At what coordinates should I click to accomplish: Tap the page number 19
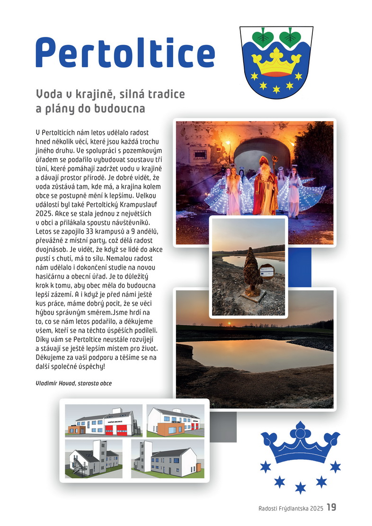(x=331, y=508)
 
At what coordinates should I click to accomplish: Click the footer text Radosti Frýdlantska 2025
(x=291, y=508)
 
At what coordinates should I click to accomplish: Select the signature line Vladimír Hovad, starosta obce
(x=74, y=383)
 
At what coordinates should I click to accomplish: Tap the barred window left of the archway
(x=200, y=154)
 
